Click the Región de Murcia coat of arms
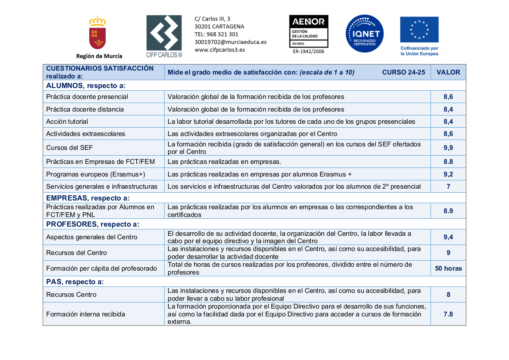[x=98, y=33]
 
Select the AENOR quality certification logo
[x=309, y=31]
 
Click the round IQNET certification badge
[x=364, y=34]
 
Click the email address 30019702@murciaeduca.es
[x=230, y=42]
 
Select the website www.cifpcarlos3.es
[x=219, y=50]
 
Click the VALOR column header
[x=448, y=72]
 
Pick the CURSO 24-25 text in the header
[x=403, y=72]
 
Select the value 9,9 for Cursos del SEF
[x=448, y=148]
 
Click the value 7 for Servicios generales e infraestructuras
[x=448, y=187]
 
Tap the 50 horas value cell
[x=448, y=268]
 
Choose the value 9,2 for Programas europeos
[x=448, y=174]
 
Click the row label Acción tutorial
[x=67, y=122]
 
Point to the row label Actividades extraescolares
[x=86, y=134]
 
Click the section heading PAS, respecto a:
[x=74, y=282]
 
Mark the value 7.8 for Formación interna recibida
[x=448, y=314]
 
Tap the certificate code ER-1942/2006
[x=308, y=51]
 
